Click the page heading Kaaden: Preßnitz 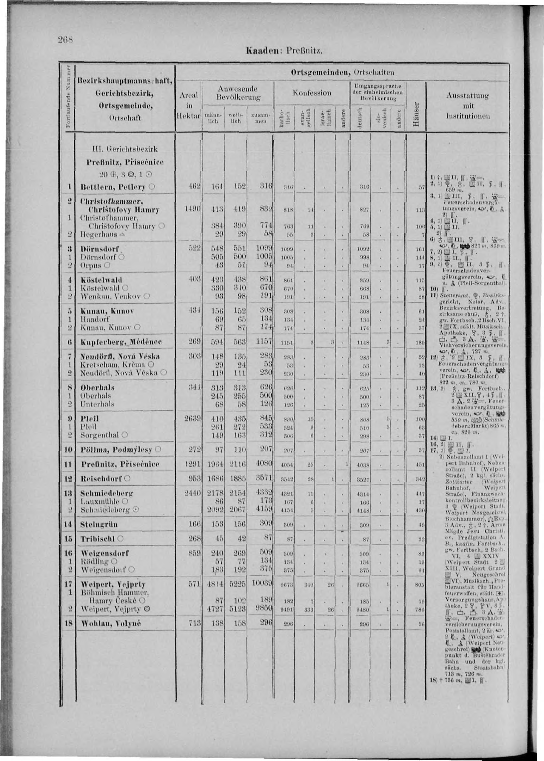click(x=283, y=52)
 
